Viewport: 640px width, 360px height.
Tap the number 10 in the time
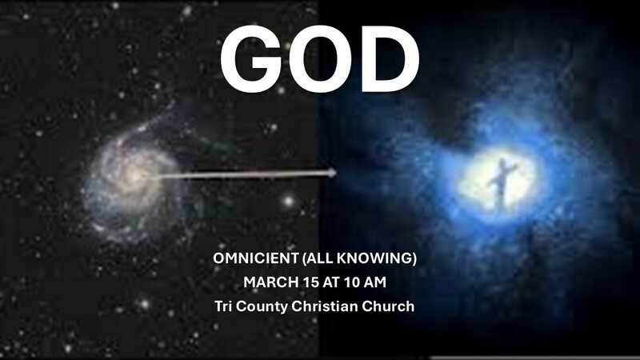click(x=352, y=283)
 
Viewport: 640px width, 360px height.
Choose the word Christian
click(x=323, y=306)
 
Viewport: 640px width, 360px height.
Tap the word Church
click(x=387, y=306)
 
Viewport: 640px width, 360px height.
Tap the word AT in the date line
click(x=330, y=283)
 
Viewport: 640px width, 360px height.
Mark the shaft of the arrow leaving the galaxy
click(x=240, y=174)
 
